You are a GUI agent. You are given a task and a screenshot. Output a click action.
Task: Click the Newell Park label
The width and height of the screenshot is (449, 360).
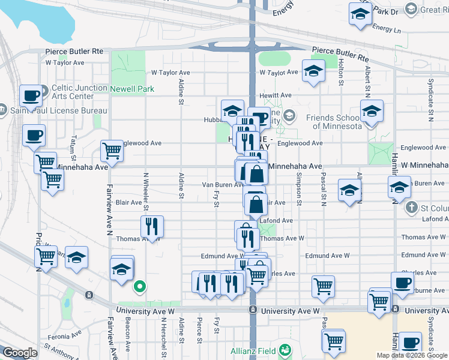pyautogui.click(x=132, y=89)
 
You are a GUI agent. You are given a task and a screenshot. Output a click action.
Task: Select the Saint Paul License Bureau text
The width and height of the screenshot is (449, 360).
pyautogui.click(x=58, y=110)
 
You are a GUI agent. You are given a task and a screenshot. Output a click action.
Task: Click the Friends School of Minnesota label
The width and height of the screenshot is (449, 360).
pyautogui.click(x=334, y=122)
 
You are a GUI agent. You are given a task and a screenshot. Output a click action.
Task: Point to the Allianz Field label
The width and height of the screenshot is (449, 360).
pyautogui.click(x=252, y=350)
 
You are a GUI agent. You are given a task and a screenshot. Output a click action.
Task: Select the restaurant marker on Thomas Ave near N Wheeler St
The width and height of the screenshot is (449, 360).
pyautogui.click(x=151, y=226)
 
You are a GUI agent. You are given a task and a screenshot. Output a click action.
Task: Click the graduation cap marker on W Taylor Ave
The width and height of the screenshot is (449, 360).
pyautogui.click(x=313, y=71)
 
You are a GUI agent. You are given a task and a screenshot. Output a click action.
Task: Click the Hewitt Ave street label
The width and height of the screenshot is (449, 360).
pyautogui.click(x=276, y=95)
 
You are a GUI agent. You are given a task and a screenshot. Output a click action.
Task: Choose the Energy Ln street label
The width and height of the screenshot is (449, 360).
pyautogui.click(x=386, y=28)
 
